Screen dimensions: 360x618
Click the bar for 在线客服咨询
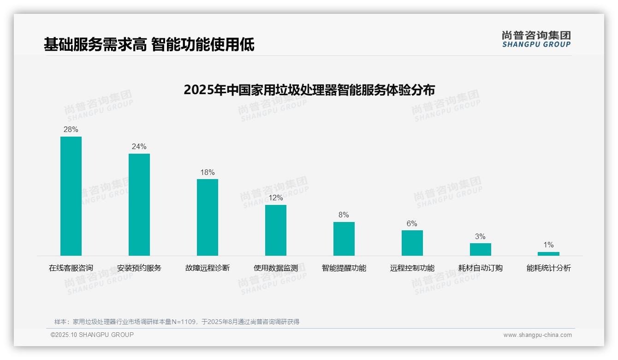[71, 196]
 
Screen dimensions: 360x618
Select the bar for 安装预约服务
[139, 204]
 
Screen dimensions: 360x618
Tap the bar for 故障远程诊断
[208, 217]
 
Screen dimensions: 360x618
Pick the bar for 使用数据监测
[276, 230]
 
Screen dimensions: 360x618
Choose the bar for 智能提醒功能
[344, 239]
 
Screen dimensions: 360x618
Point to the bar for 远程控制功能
[412, 243]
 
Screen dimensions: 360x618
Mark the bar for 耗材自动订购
[481, 249]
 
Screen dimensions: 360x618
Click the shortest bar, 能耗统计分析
[548, 254]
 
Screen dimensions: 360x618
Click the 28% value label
[71, 130]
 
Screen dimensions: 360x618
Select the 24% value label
[139, 147]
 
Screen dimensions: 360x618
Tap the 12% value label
[276, 198]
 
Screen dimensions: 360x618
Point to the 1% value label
[548, 245]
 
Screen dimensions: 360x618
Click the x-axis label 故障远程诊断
[208, 268]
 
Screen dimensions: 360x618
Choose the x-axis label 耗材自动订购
[481, 268]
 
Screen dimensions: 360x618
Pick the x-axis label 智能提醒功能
[344, 268]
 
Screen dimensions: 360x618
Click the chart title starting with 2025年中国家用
[309, 90]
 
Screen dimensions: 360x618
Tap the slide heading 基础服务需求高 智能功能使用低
[149, 45]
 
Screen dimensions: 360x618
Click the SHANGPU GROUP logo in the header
[536, 40]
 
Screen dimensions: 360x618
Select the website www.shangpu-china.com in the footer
[537, 335]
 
